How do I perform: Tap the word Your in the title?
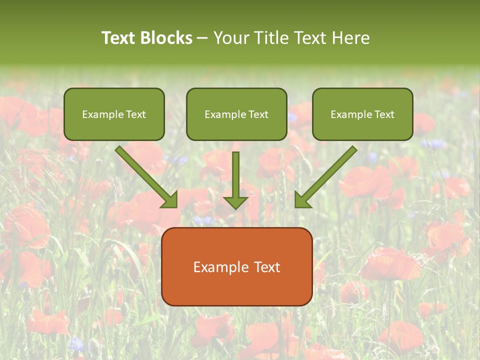231,38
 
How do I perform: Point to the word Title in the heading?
270,38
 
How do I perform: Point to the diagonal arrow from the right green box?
327,175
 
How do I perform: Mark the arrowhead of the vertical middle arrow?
235,202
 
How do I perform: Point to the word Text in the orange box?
267,267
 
